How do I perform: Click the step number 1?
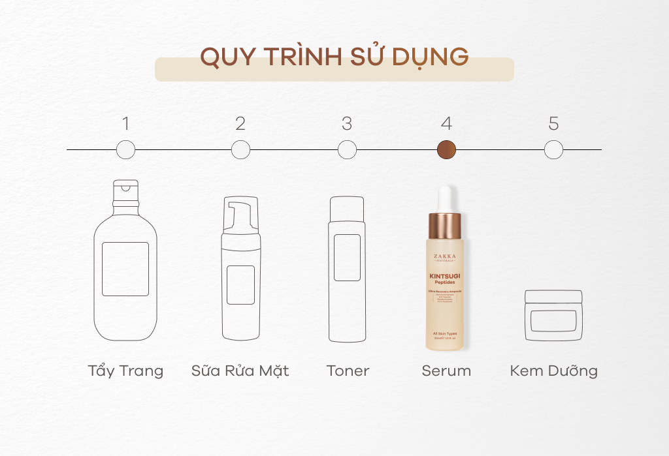click(125, 123)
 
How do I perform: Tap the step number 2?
click(240, 123)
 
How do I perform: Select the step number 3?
click(347, 123)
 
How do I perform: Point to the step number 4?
click(446, 123)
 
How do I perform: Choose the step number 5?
click(553, 123)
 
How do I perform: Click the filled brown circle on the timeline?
click(446, 150)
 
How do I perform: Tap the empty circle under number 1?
click(125, 150)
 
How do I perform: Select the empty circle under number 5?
click(553, 150)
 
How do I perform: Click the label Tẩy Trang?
click(125, 371)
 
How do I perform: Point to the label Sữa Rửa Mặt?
click(240, 371)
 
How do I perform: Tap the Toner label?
click(348, 371)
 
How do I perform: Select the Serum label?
click(446, 371)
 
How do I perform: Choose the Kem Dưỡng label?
click(553, 371)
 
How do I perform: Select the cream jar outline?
click(553, 316)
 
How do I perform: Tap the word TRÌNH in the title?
click(305, 57)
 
